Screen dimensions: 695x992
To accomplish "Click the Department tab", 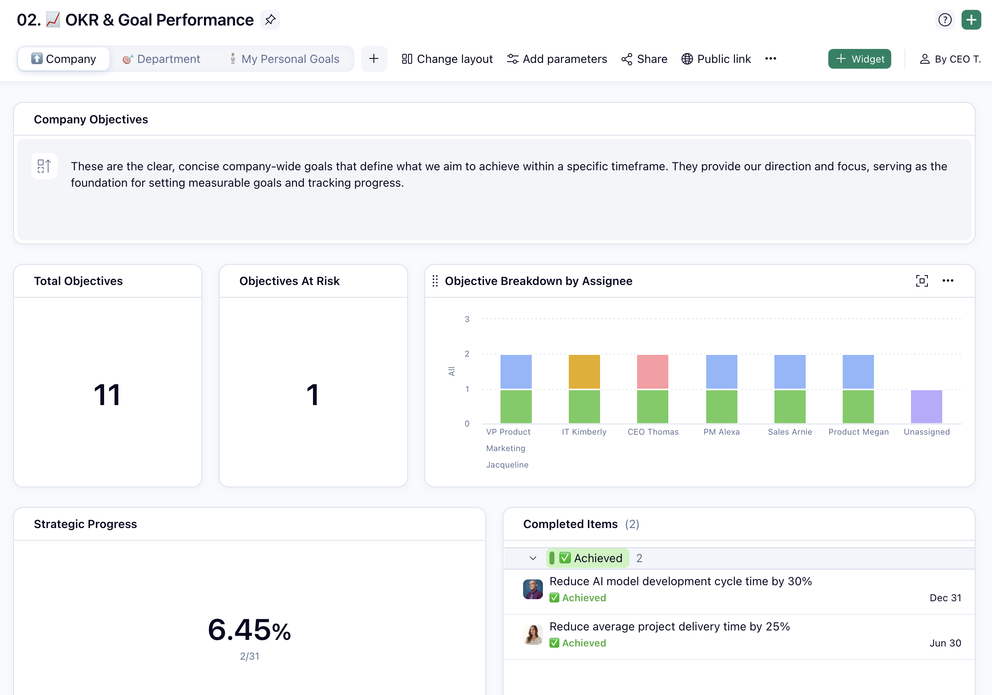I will [x=161, y=59].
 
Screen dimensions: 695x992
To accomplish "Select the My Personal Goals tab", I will [x=284, y=59].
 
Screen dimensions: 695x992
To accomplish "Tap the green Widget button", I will [x=859, y=59].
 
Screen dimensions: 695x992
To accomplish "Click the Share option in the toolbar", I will [x=644, y=59].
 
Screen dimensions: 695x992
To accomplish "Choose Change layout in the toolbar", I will [x=447, y=59].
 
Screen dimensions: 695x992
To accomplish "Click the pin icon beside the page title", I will [x=271, y=20].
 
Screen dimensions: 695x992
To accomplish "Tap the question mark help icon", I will [x=944, y=20].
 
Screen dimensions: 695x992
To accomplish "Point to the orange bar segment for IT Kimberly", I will [x=584, y=371].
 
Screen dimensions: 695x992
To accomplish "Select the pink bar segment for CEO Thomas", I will [x=652, y=371].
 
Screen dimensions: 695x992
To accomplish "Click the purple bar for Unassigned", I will [x=926, y=406].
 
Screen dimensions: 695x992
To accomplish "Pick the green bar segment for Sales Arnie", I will [x=789, y=406].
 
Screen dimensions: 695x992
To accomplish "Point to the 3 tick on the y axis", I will [x=467, y=319].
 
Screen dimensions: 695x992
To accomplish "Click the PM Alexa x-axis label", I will [x=721, y=432].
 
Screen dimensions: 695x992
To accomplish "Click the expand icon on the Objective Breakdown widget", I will [x=922, y=281].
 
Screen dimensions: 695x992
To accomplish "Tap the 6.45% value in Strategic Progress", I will [x=249, y=630].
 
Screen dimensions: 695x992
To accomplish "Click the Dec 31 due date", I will [x=945, y=598].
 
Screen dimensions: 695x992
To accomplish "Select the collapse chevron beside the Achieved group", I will [x=533, y=558].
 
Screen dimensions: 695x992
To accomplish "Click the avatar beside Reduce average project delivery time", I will [x=533, y=634].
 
